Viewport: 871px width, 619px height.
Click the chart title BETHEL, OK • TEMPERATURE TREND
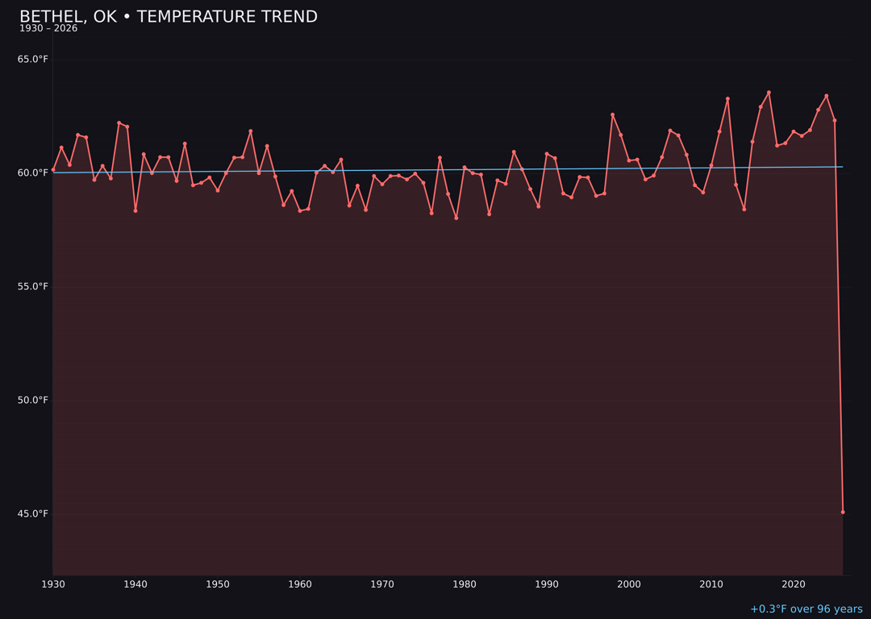[x=169, y=17]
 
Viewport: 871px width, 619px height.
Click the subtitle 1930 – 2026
[x=48, y=29]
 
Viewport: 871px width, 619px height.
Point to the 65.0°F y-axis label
[x=33, y=60]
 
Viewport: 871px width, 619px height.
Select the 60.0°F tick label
[x=33, y=173]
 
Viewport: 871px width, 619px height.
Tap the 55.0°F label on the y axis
[x=33, y=287]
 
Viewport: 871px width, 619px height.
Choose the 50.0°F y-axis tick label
[x=33, y=401]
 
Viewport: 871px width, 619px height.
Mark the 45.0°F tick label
[x=33, y=514]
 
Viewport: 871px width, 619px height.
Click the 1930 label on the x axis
[x=53, y=584]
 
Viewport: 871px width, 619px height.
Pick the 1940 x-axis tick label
[x=135, y=584]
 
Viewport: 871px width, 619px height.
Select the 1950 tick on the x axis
[x=218, y=584]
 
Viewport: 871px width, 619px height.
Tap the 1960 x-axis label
[x=300, y=584]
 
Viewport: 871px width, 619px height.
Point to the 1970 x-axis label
[x=382, y=584]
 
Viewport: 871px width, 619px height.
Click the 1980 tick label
[x=465, y=584]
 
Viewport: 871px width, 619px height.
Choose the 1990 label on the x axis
[x=547, y=584]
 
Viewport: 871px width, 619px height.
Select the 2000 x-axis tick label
[x=629, y=584]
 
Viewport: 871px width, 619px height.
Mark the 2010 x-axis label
[x=711, y=584]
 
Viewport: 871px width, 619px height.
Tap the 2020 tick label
[x=794, y=584]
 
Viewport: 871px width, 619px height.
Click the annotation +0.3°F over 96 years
[x=806, y=609]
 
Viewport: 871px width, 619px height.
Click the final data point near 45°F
[x=843, y=512]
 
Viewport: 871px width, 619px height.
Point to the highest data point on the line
[x=769, y=93]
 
